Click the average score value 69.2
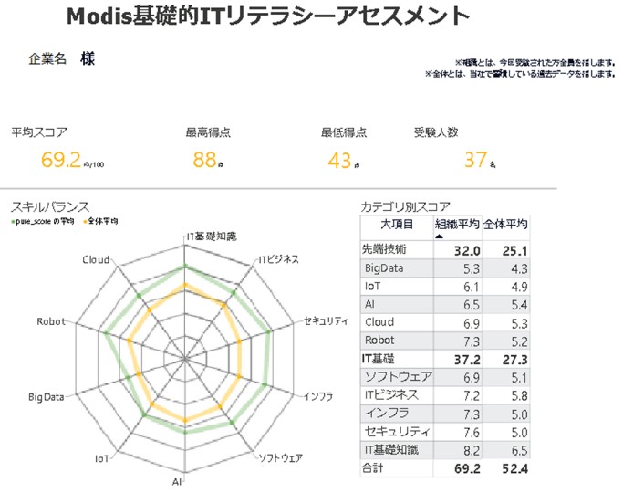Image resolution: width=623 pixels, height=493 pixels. (x=61, y=160)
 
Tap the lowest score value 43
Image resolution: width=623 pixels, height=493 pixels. (x=339, y=160)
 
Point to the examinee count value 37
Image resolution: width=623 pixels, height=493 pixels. (x=475, y=160)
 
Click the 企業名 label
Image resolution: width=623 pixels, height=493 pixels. (x=47, y=59)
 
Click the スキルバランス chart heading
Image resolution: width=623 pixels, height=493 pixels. (x=50, y=206)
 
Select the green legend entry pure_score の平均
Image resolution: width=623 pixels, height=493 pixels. (x=44, y=221)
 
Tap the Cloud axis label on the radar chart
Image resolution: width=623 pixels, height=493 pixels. (x=96, y=260)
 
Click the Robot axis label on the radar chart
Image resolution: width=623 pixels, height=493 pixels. (x=50, y=322)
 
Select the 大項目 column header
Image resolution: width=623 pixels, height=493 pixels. (x=398, y=224)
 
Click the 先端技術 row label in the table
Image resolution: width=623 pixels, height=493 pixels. (x=385, y=248)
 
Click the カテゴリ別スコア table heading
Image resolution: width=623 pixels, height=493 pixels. (x=405, y=206)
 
